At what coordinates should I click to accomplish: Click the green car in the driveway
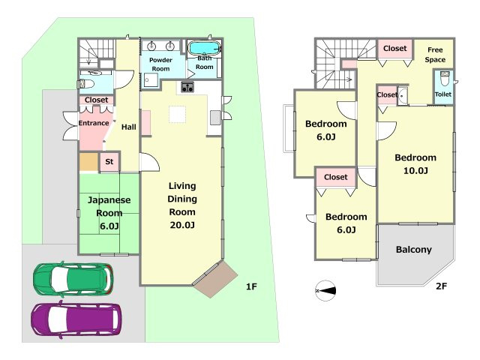tap(73, 279)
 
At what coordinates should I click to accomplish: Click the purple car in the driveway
tap(76, 319)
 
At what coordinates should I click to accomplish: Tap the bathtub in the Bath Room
tap(204, 48)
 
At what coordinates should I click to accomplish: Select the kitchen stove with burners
tap(187, 87)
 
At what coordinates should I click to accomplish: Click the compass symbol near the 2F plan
tap(325, 290)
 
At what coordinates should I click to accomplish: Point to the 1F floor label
tap(251, 286)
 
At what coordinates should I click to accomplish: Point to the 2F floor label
tap(441, 286)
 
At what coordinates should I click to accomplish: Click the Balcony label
tap(413, 250)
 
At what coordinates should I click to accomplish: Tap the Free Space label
tap(435, 55)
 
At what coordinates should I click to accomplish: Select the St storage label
tap(109, 161)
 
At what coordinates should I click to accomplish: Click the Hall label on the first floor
tap(128, 127)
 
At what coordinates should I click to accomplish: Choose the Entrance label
tap(94, 123)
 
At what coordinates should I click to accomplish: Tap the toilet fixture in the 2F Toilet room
tap(444, 78)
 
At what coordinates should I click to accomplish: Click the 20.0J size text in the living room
tap(182, 225)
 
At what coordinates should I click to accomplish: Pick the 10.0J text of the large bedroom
tap(415, 170)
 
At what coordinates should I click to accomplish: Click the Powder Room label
tap(160, 64)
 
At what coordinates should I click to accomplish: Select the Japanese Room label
tap(109, 206)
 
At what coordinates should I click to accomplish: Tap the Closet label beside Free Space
tap(395, 48)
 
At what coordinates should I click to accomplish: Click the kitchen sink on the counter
tap(215, 118)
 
